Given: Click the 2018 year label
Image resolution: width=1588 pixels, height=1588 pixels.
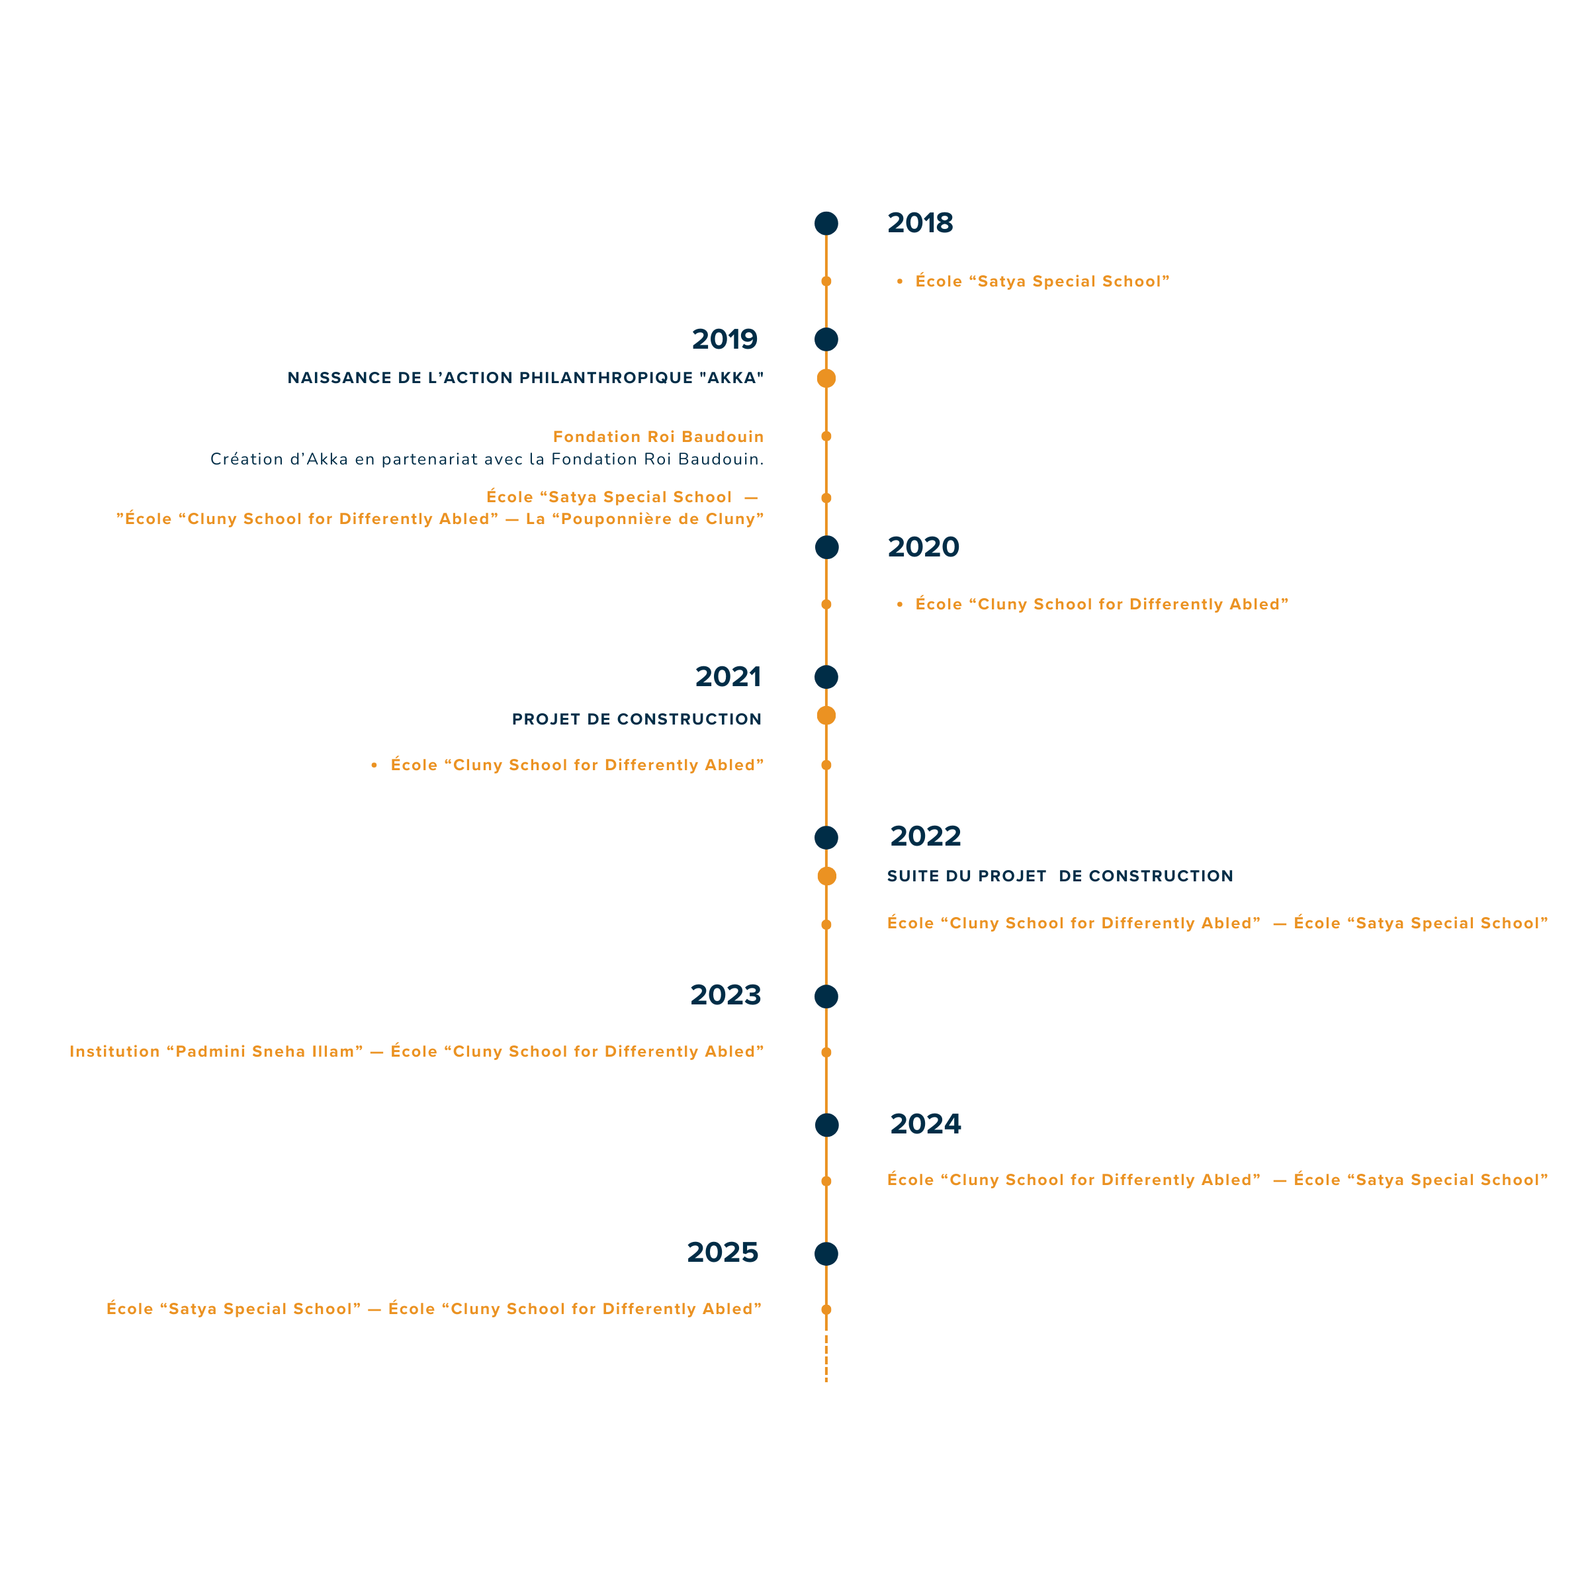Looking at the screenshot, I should [x=920, y=223].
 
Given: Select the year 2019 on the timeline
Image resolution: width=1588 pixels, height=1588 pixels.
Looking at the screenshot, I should [x=724, y=339].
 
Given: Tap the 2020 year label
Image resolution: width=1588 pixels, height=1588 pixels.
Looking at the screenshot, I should [x=923, y=547].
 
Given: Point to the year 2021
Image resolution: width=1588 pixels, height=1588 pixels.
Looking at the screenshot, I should [x=727, y=676].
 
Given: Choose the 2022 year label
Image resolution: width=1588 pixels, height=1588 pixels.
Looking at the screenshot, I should [x=925, y=836].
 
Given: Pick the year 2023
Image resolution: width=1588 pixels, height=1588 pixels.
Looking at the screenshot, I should [x=725, y=994].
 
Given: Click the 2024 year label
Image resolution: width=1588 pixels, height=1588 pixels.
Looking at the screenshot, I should [x=925, y=1124].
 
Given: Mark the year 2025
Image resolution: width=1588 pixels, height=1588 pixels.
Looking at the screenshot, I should [x=723, y=1252].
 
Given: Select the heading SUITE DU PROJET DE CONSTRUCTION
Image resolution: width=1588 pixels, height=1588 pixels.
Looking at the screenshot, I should [x=1059, y=876].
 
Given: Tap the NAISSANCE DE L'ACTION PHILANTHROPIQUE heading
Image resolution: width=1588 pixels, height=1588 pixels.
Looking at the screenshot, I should [x=525, y=378].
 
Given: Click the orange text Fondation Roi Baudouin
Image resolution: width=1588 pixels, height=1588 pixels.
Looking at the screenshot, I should [x=658, y=437].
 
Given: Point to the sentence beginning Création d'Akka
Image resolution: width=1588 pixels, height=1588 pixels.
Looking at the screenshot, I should [x=486, y=459].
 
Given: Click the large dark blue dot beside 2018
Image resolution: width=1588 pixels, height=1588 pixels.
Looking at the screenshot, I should [x=826, y=224].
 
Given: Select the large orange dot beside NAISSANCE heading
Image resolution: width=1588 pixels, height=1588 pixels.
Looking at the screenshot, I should [x=826, y=378].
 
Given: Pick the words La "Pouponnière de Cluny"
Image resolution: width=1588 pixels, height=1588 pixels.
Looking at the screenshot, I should [x=644, y=519].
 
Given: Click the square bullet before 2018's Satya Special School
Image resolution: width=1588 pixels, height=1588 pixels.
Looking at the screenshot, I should [x=900, y=281].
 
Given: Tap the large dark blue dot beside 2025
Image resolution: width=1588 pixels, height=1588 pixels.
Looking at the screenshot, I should [x=826, y=1253].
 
